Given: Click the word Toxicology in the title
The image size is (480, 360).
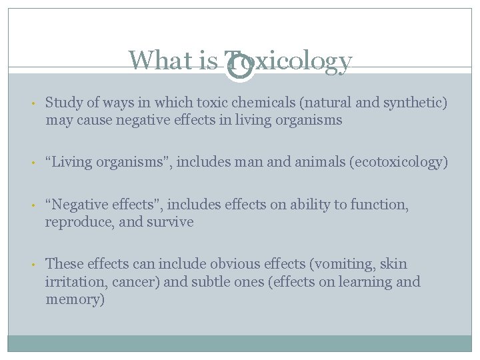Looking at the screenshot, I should coord(288,61).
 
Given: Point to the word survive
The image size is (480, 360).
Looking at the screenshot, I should coord(171,222).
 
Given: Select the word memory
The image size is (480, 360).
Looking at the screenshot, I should coord(73,300).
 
